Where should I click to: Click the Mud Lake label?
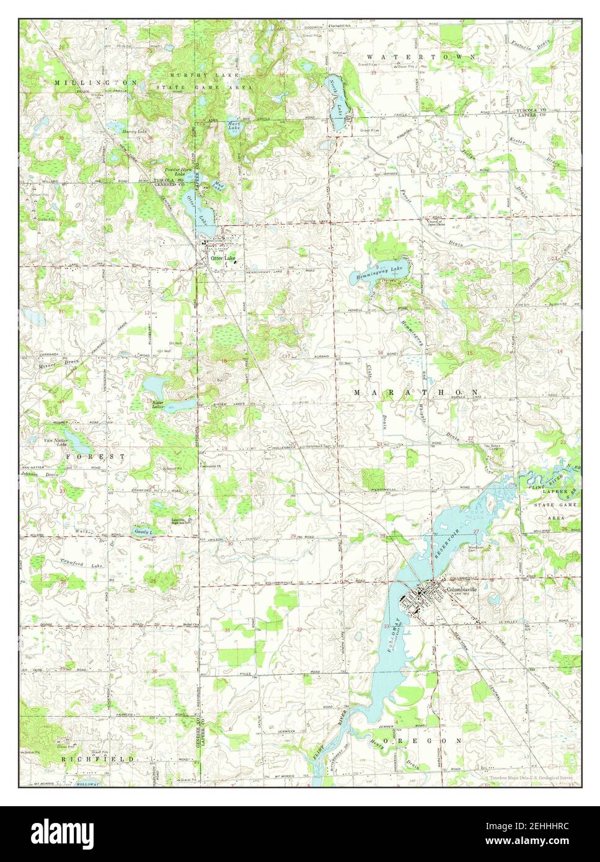[x=218, y=184]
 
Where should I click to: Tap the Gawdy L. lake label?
[x=143, y=532]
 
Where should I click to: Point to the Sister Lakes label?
[x=158, y=405]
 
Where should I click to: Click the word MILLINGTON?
[x=95, y=82]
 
